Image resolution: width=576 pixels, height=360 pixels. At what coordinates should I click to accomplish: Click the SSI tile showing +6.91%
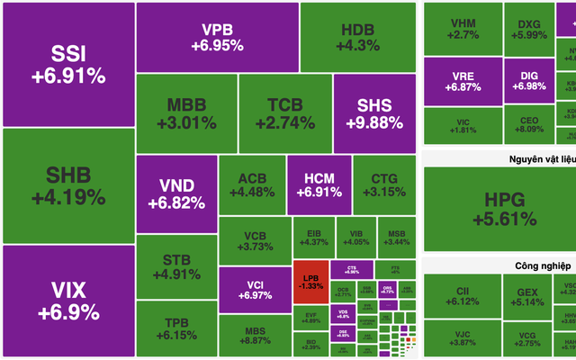67,64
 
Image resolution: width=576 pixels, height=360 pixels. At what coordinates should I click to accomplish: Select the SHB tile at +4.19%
67,185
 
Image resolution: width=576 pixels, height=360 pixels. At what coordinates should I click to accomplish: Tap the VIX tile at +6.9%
67,301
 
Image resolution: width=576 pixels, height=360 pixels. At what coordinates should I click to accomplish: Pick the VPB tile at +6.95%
217,36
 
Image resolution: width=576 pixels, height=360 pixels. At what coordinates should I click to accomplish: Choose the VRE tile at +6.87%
463,81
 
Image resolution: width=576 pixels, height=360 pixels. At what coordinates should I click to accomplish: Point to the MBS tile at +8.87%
254,335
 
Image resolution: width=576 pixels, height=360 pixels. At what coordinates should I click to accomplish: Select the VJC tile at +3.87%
463,338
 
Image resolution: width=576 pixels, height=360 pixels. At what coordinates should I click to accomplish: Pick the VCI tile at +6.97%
254,289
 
